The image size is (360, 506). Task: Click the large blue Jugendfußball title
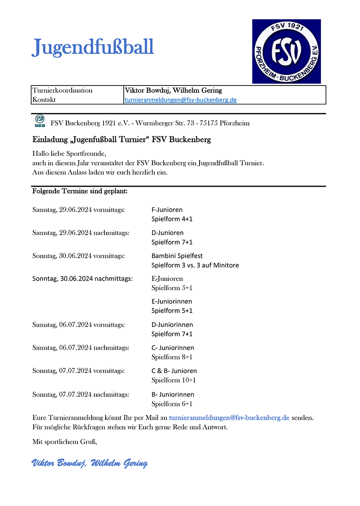point(93,48)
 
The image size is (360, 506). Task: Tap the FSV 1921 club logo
point(286,51)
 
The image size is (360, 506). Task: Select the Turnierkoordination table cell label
point(62,90)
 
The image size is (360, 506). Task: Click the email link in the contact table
point(181,100)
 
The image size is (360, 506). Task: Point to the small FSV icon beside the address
point(40,121)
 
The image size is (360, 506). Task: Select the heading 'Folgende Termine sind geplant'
point(80,191)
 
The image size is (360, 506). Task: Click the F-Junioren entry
point(167,209)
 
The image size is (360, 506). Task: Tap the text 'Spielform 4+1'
point(172,219)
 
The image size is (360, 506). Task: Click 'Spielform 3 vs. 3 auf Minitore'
point(195,265)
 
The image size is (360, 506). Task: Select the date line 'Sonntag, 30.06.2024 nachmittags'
point(82,279)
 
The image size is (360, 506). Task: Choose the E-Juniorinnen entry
point(172,301)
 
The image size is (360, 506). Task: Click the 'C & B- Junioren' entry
point(174,371)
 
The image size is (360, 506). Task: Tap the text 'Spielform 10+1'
point(174,380)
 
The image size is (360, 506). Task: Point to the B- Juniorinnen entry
point(173,394)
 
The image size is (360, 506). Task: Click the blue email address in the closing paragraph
point(229,418)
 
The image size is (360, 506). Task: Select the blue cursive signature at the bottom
point(90,463)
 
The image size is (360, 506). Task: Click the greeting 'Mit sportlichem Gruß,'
point(65,442)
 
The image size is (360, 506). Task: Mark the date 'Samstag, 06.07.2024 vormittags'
point(79,325)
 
